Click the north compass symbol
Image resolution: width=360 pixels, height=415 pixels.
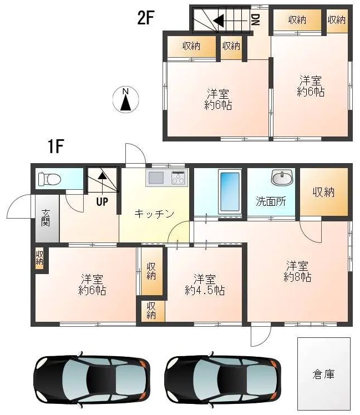pos(126,99)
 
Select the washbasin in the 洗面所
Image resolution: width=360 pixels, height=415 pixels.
pos(282,179)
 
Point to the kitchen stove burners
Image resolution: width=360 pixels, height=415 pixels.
pos(179,178)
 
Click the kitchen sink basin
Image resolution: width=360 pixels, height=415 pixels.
pos(156,178)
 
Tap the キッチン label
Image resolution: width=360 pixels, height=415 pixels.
pos(155,214)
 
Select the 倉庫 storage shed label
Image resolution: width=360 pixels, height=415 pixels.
pos(323,374)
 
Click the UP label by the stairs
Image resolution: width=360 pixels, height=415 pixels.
pos(102,201)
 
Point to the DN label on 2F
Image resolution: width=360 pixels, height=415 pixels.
pos(255,21)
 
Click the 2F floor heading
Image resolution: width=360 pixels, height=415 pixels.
pos(145,18)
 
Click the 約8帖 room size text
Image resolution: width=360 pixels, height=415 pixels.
pos(297,276)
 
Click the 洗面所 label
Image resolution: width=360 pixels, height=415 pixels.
pos(270,201)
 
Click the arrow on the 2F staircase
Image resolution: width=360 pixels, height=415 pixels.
pos(219,21)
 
